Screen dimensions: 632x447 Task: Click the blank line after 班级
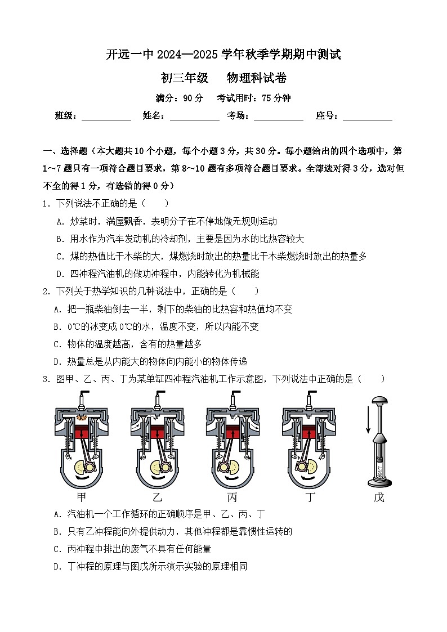coord(106,117)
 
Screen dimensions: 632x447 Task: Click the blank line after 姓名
coord(195,117)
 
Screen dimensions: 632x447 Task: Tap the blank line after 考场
coord(279,117)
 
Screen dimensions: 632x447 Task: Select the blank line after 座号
coord(368,117)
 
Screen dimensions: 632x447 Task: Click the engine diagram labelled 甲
coord(82,441)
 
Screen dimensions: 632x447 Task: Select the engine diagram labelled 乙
coord(158,441)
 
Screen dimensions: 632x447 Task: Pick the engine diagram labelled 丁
coord(309,441)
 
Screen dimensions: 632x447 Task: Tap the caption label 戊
coord(379,497)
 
